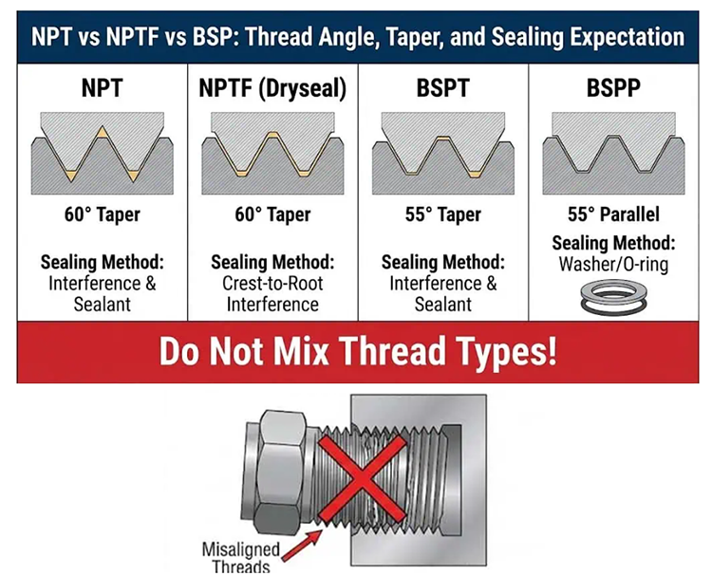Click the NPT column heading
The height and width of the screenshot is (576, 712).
[103, 90]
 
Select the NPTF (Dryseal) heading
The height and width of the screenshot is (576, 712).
[272, 90]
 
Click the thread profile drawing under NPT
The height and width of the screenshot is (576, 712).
[103, 152]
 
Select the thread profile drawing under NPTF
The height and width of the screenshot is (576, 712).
[272, 152]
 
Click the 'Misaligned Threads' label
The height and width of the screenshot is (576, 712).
[242, 557]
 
